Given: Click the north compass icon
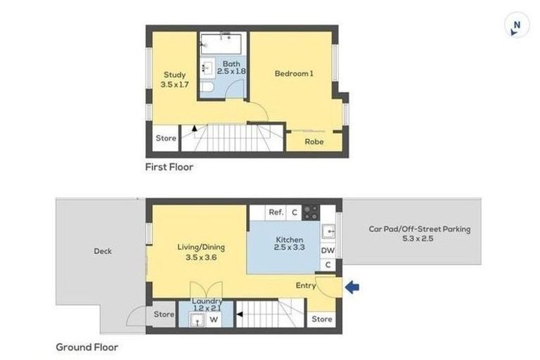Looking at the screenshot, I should (x=517, y=25).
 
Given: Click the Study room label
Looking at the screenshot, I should (x=174, y=79).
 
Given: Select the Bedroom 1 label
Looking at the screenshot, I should (x=294, y=72).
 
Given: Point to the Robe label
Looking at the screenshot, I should (x=314, y=141).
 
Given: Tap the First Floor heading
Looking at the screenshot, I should (x=169, y=167).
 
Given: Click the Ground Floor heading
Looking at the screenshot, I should (x=87, y=347).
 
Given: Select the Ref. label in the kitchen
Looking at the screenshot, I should (x=276, y=212).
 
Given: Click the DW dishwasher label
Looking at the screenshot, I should (x=328, y=250).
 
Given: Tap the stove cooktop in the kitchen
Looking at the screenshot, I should (x=310, y=212).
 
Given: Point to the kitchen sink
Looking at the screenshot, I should (x=328, y=231).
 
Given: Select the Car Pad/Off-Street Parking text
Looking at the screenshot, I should (x=419, y=233).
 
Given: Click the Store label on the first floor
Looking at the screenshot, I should (x=166, y=139).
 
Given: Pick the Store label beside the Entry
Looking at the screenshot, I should (x=322, y=319).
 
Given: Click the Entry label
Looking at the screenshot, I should (x=305, y=285).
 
